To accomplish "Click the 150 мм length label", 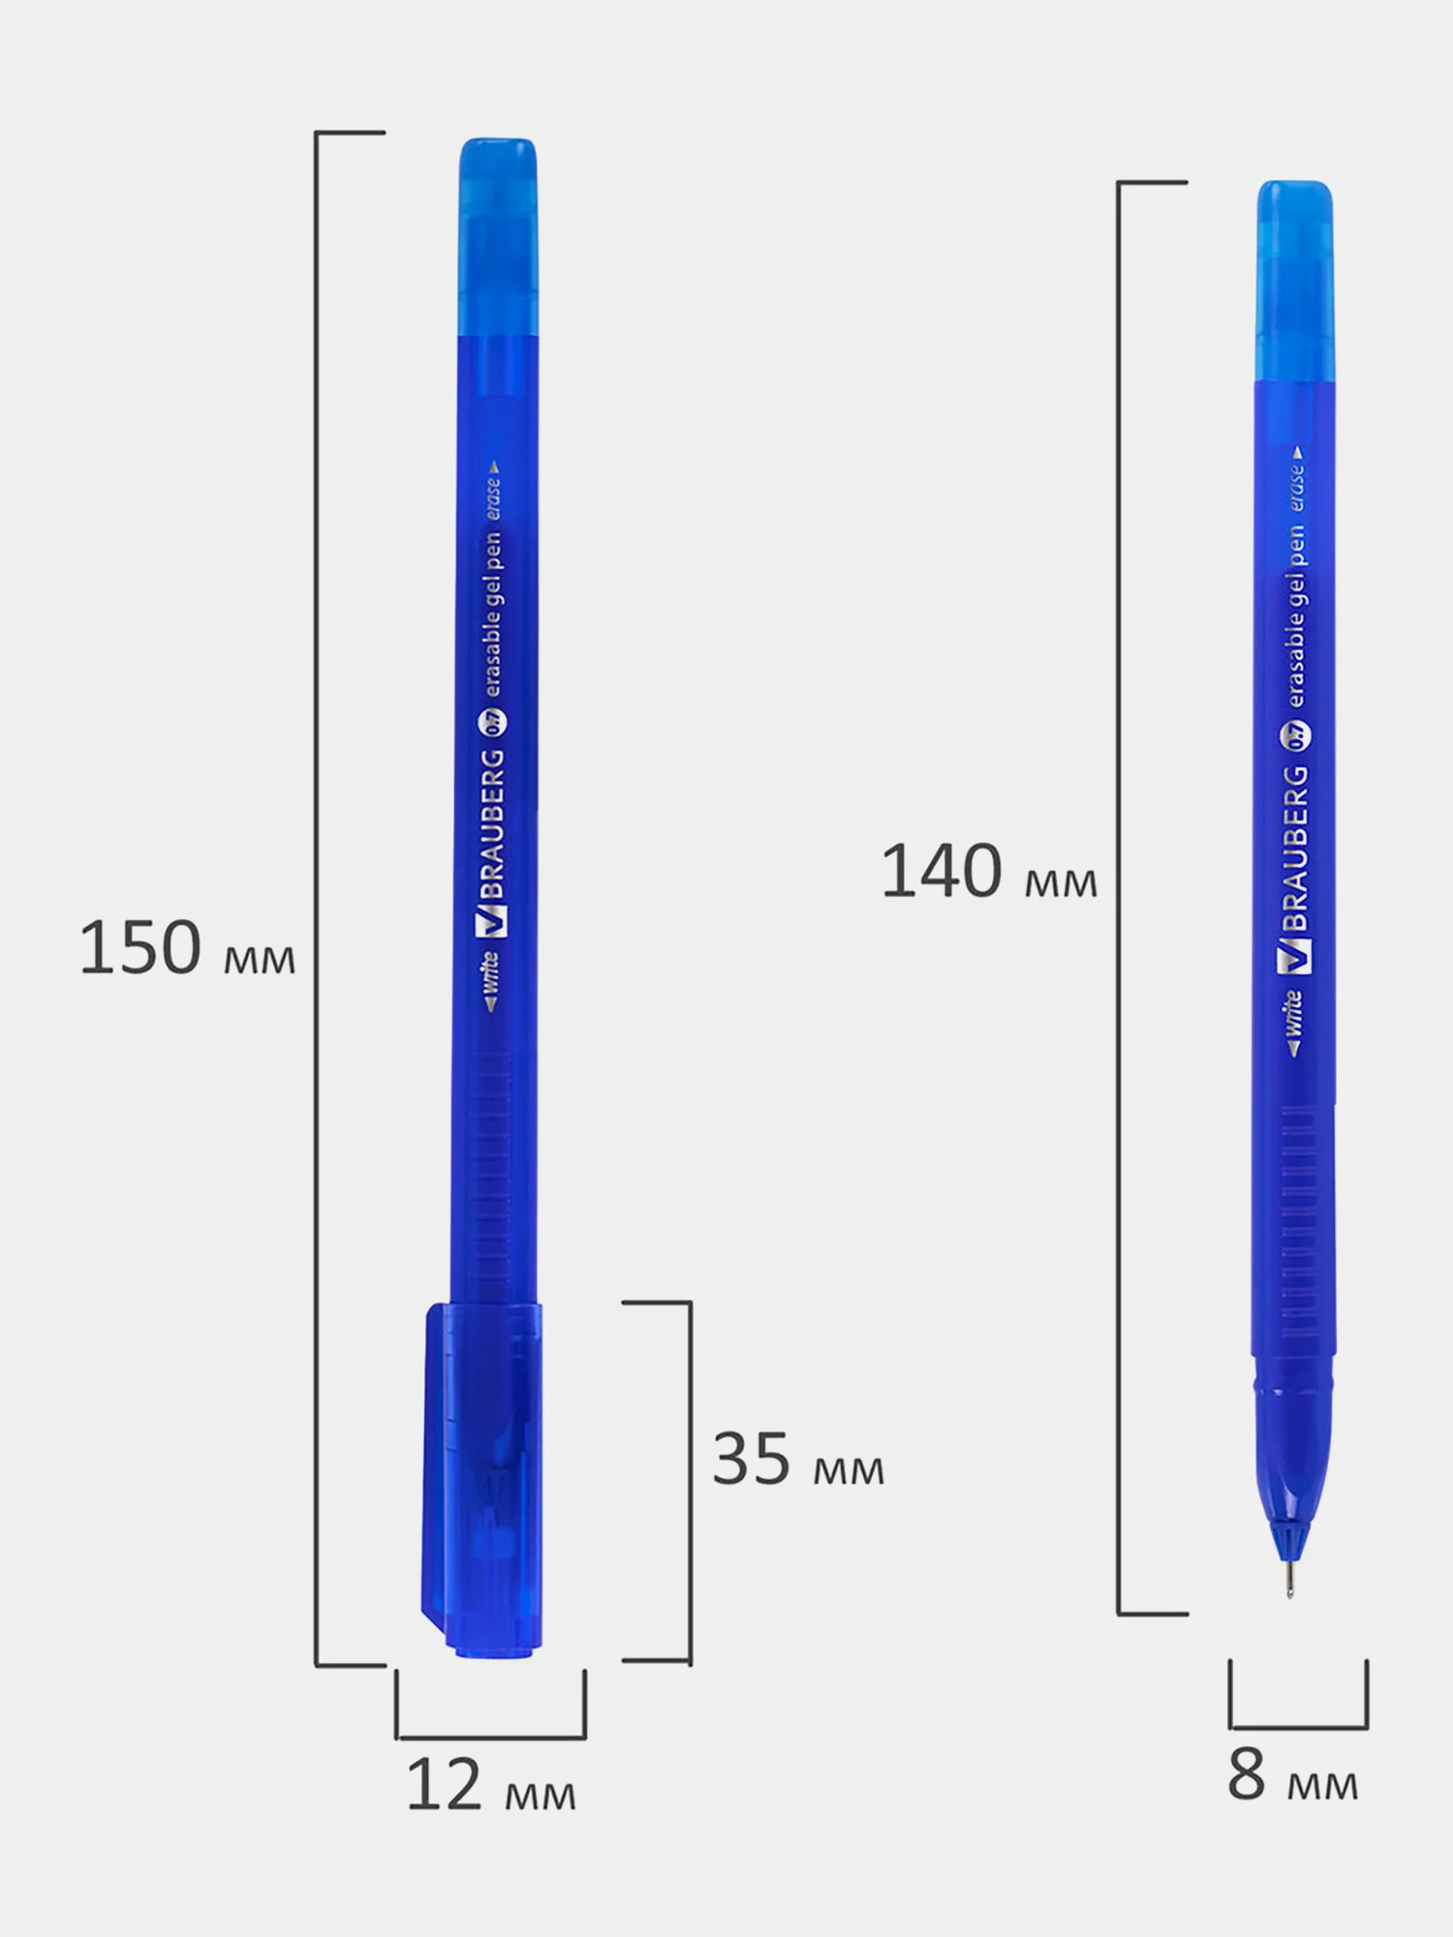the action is pos(187,948).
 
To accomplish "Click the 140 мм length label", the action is pos(989,872).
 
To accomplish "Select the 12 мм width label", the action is pos(491,1784).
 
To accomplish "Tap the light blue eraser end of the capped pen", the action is pos(498,237).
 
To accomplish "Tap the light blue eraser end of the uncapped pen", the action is pos(1295,281).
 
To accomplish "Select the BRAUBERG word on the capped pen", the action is pos(493,825).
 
